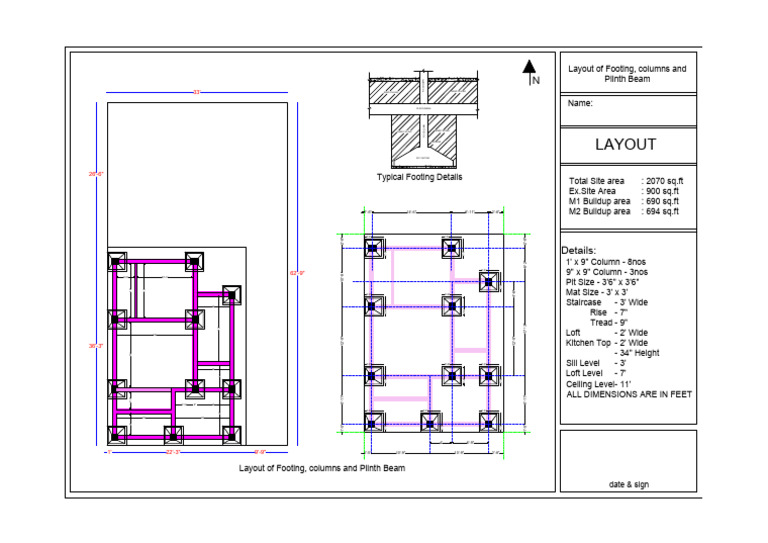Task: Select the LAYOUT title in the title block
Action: pos(625,144)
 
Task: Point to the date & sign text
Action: pos(628,484)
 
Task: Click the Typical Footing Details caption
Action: pos(419,177)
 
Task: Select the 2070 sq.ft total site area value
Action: pos(660,181)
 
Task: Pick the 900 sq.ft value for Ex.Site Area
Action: pos(660,191)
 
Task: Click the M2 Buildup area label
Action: pos(599,211)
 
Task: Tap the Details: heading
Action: pos(579,250)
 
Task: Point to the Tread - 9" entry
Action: pos(608,322)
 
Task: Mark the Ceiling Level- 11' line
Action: pos(602,383)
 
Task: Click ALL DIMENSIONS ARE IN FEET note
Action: pos(629,394)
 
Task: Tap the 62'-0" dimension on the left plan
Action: pos(297,272)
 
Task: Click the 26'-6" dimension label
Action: pos(97,174)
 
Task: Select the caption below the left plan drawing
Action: pos(321,467)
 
